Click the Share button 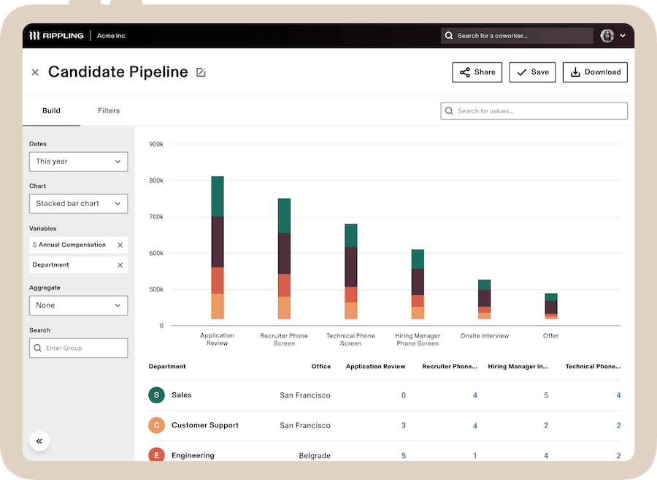477,72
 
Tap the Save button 532,72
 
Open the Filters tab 109,111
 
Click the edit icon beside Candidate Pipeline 201,72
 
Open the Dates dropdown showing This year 78,161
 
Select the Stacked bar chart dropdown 78,204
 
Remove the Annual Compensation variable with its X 120,245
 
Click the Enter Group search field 78,348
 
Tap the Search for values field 534,111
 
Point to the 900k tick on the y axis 155,145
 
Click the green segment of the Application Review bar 218,196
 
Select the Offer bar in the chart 551,307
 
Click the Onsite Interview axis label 485,336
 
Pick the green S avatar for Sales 155,395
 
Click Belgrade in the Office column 315,456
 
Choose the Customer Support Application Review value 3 404,426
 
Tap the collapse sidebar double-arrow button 39,441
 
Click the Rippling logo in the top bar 55,36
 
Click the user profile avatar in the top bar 607,36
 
